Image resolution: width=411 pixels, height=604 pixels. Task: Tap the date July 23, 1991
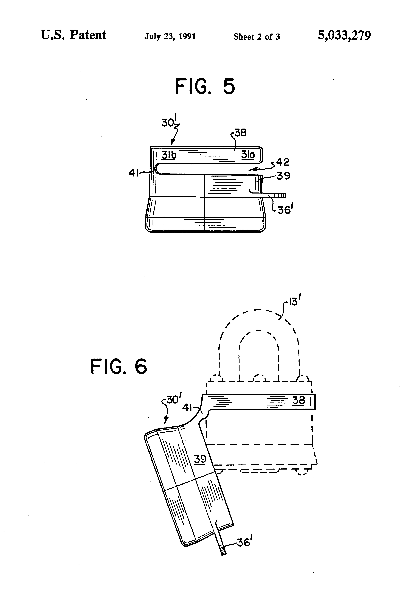click(170, 36)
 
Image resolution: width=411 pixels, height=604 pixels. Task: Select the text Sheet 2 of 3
click(256, 37)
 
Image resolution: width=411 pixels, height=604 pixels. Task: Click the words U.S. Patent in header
click(74, 35)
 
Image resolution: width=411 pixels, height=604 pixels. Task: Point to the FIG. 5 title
click(205, 86)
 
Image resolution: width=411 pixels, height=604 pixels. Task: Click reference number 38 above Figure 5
click(240, 133)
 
